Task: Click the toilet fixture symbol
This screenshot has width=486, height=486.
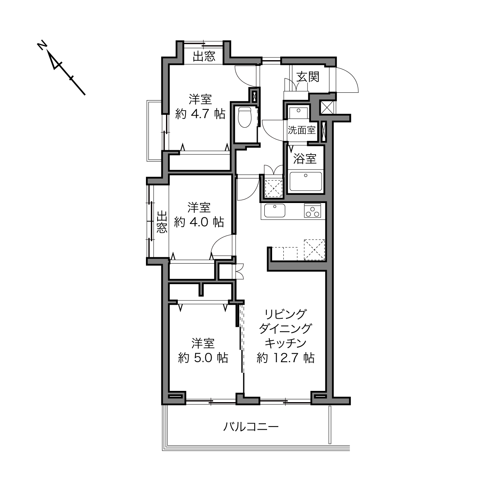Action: [x=245, y=117]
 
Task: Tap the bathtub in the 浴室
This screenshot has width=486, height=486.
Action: [x=305, y=181]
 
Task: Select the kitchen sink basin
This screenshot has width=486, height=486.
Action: [x=275, y=210]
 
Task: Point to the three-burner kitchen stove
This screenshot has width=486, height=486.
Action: [x=312, y=210]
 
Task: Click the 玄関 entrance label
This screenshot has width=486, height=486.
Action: [x=308, y=77]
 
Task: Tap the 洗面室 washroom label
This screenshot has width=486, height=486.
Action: [x=302, y=130]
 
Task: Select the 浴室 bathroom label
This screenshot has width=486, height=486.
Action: [x=305, y=159]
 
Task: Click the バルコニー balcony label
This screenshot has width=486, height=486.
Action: [x=251, y=427]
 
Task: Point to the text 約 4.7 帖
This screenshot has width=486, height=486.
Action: [x=200, y=114]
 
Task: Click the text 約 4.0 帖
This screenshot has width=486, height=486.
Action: [x=199, y=222]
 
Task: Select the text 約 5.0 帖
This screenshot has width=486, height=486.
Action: [x=203, y=358]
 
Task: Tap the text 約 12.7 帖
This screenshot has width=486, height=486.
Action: [x=285, y=358]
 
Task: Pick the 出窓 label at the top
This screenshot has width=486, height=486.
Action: [x=204, y=56]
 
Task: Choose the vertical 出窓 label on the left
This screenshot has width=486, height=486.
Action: [x=162, y=222]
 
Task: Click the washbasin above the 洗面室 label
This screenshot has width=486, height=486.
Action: [x=299, y=113]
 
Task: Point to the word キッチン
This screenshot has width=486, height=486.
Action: [x=285, y=343]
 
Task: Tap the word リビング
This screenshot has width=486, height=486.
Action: [x=285, y=314]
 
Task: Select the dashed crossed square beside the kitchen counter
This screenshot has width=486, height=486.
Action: [x=314, y=250]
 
